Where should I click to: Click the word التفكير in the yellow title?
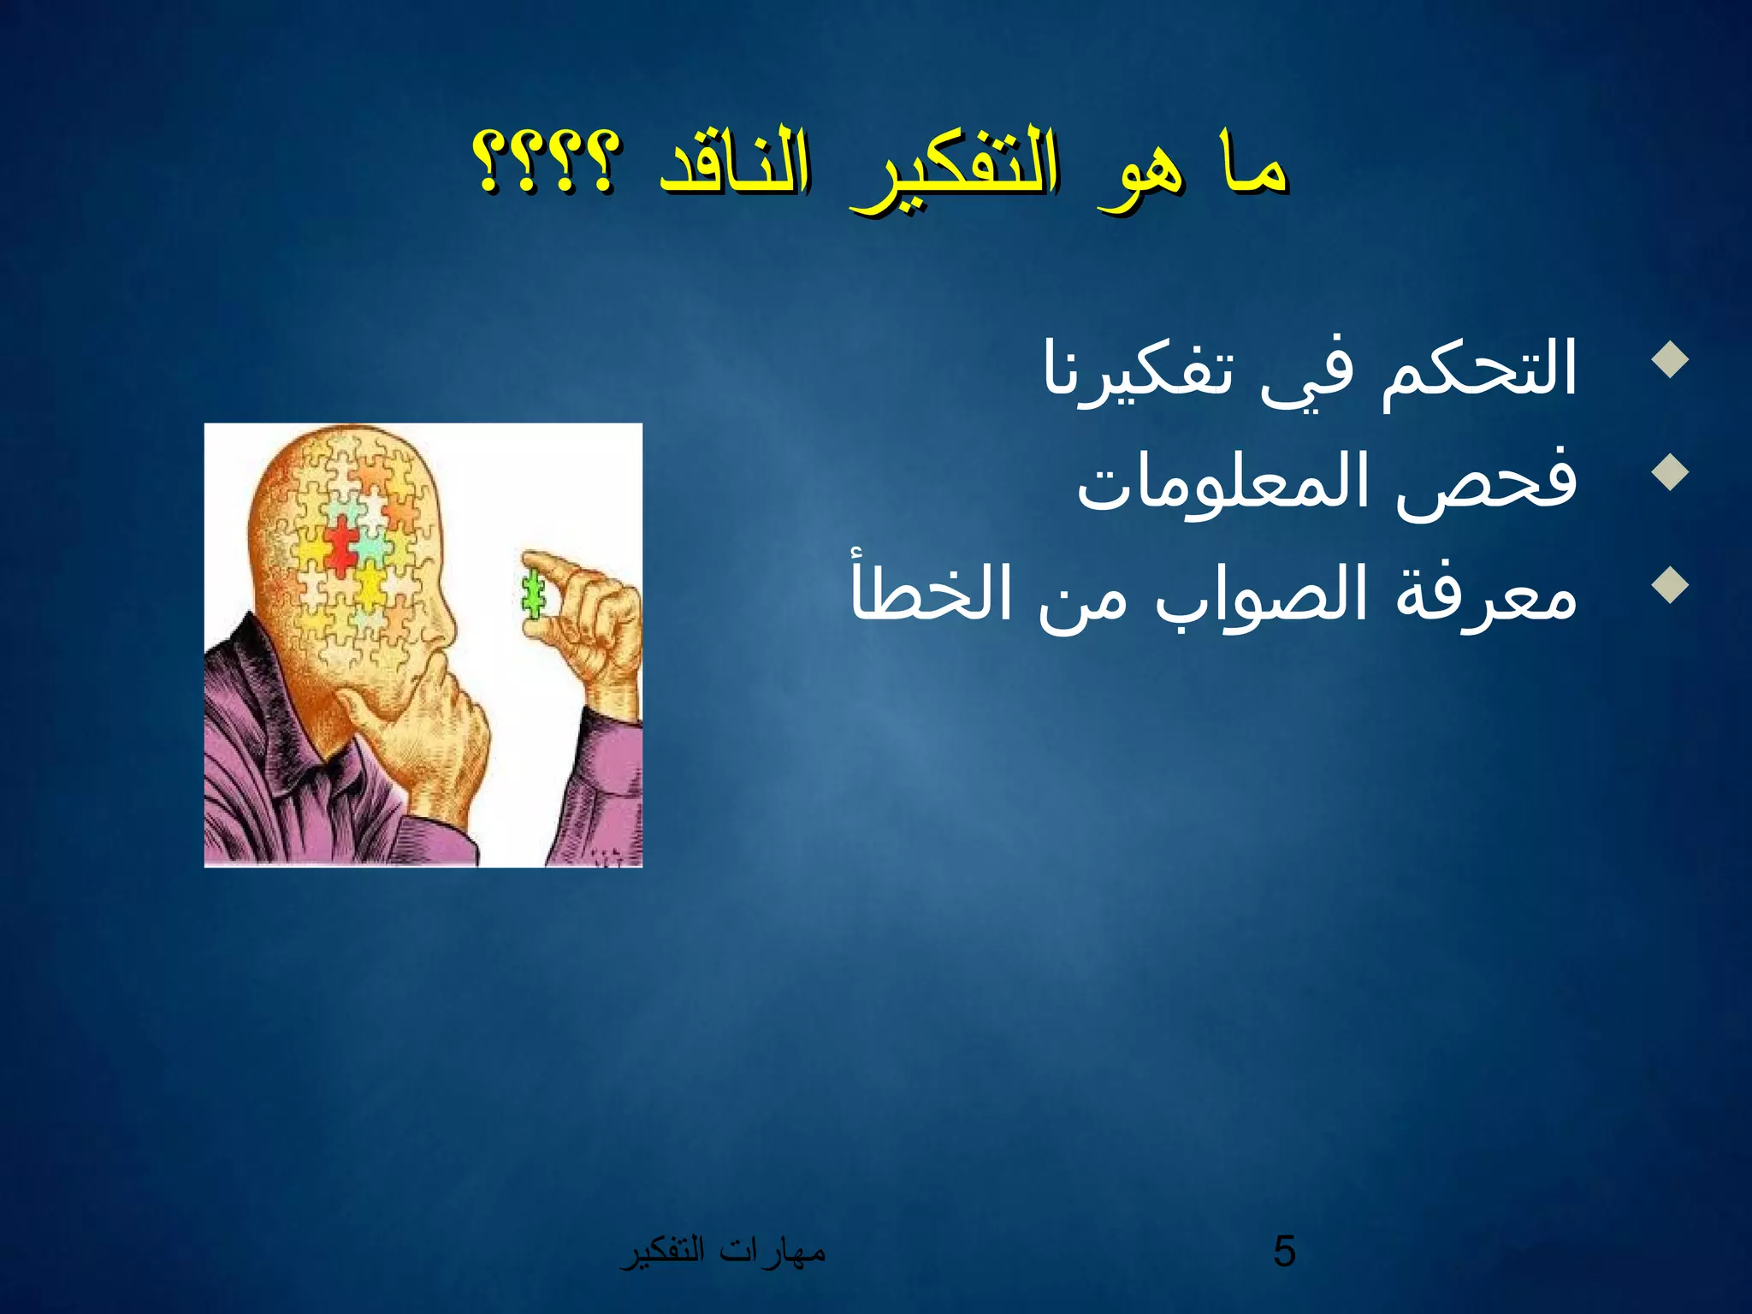[954, 171]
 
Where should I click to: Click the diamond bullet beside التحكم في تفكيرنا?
[1671, 360]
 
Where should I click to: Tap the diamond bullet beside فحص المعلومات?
[1671, 472]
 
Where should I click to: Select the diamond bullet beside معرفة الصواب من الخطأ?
[1671, 586]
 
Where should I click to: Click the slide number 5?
[1284, 1252]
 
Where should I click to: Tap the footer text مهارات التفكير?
[723, 1252]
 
